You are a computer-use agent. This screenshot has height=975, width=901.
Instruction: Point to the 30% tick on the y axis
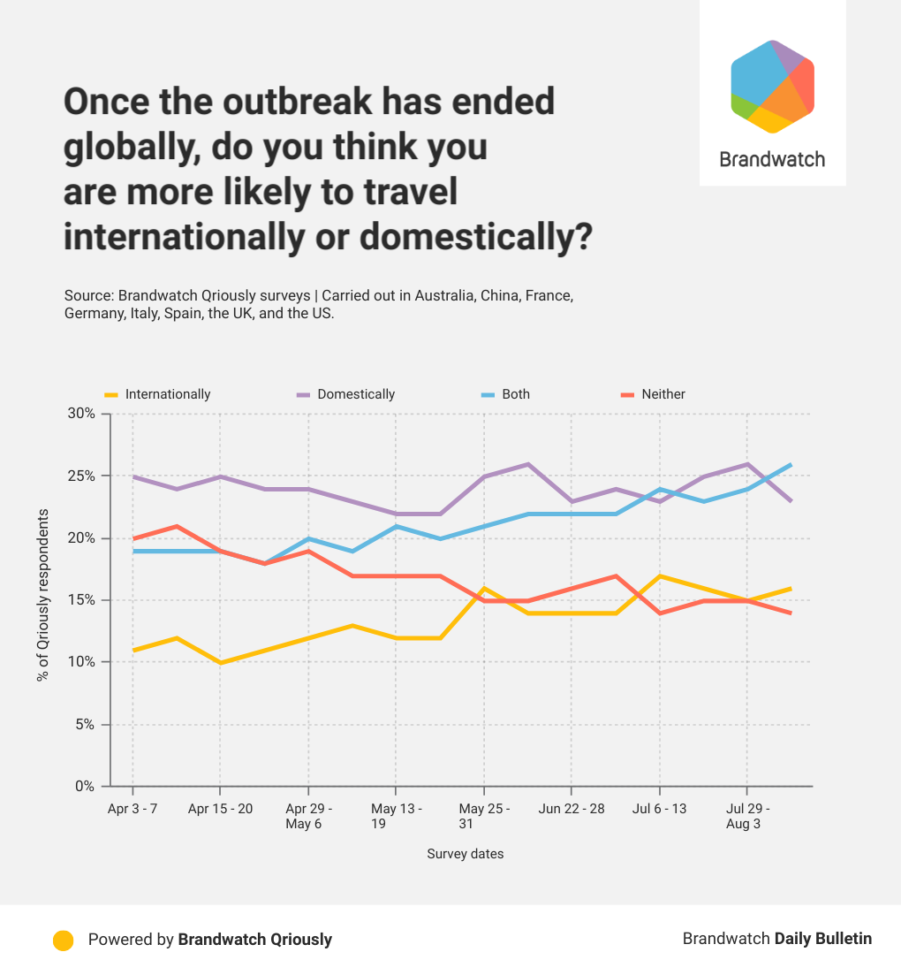(x=81, y=414)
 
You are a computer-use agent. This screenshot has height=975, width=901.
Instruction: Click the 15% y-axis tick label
(x=81, y=600)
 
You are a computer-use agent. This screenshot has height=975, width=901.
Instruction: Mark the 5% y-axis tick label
(x=85, y=724)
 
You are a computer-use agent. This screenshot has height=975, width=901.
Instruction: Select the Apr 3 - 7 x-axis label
(x=132, y=809)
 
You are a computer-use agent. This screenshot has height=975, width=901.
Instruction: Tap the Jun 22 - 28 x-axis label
(x=572, y=809)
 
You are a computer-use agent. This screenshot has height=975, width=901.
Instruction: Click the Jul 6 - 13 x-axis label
(x=659, y=809)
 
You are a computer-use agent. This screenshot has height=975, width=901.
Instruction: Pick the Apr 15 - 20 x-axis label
(x=220, y=809)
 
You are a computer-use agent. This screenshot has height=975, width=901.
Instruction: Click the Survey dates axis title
(x=465, y=854)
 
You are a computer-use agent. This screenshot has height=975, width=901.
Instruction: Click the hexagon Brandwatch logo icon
(x=772, y=87)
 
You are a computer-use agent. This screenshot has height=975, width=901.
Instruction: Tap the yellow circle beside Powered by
(x=63, y=940)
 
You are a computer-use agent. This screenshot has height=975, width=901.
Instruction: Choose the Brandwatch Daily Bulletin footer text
(x=776, y=939)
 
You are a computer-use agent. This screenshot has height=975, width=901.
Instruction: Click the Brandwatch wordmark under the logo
(x=772, y=159)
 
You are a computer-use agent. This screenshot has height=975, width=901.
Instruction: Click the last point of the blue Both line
(x=791, y=464)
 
